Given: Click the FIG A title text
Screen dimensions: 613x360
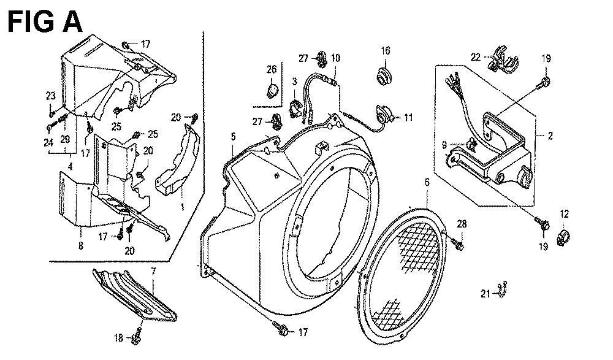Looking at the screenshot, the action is [45, 21].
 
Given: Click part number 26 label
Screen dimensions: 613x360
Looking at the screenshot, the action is [272, 69].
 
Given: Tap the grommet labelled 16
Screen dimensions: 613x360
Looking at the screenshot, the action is [384, 75].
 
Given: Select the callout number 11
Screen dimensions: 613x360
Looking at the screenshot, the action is [408, 117].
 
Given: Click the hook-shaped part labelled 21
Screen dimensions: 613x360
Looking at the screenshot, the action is [503, 289].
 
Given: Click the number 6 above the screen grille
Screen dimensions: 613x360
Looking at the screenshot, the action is [427, 182].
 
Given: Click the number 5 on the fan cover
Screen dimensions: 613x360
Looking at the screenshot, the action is [234, 137].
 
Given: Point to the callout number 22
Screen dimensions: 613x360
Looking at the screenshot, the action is [476, 58].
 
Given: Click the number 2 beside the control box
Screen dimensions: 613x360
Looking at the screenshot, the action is [550, 136].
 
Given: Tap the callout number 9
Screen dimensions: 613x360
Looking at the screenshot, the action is [444, 145].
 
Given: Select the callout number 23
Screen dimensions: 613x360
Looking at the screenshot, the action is [51, 96].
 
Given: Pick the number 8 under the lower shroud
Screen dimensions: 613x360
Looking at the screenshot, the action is [81, 246].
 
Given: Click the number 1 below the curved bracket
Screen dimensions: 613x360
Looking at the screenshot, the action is [182, 207].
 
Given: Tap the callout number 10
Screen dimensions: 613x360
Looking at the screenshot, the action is [335, 58].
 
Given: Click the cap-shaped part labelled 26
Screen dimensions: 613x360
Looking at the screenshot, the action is [272, 91].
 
